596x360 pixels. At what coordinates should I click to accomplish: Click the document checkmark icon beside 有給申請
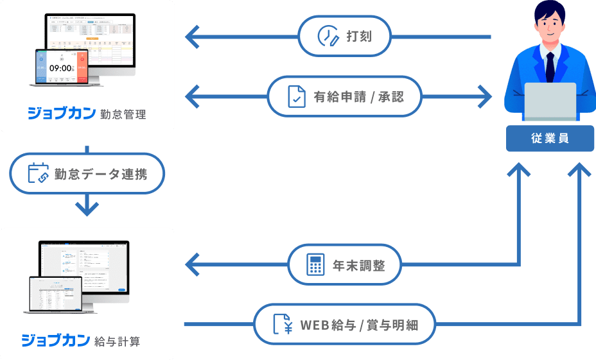pyautogui.click(x=296, y=98)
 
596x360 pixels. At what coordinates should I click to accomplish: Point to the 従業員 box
pyautogui.click(x=550, y=139)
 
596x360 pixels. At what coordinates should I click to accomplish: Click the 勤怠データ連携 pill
pyautogui.click(x=87, y=173)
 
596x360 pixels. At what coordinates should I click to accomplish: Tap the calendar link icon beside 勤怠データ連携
pyautogui.click(x=39, y=173)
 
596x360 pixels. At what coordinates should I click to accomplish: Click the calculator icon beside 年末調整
pyautogui.click(x=315, y=264)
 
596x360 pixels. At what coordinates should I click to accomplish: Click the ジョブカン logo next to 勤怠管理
pyautogui.click(x=61, y=114)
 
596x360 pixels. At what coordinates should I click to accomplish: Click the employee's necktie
pyautogui.click(x=550, y=64)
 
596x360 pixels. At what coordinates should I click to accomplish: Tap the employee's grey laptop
pyautogui.click(x=550, y=103)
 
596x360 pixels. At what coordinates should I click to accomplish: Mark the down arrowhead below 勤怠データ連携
pyautogui.click(x=87, y=209)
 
